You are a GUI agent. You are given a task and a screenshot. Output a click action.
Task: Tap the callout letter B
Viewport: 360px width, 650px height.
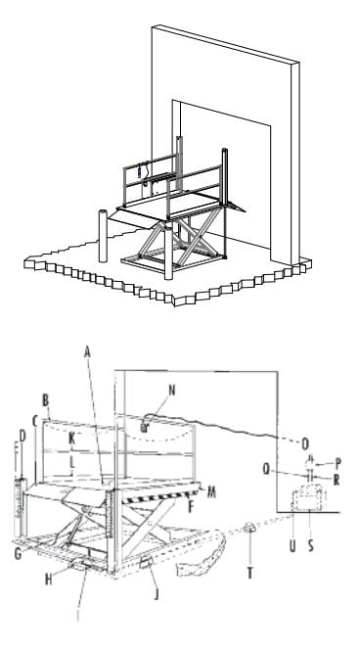tap(46, 400)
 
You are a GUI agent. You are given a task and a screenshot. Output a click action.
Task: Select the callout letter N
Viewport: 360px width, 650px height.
tap(145, 389)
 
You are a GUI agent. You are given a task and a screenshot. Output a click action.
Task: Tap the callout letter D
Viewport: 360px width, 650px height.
tap(21, 434)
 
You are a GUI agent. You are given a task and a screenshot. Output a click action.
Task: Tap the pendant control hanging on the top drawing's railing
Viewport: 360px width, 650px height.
tap(139, 174)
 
